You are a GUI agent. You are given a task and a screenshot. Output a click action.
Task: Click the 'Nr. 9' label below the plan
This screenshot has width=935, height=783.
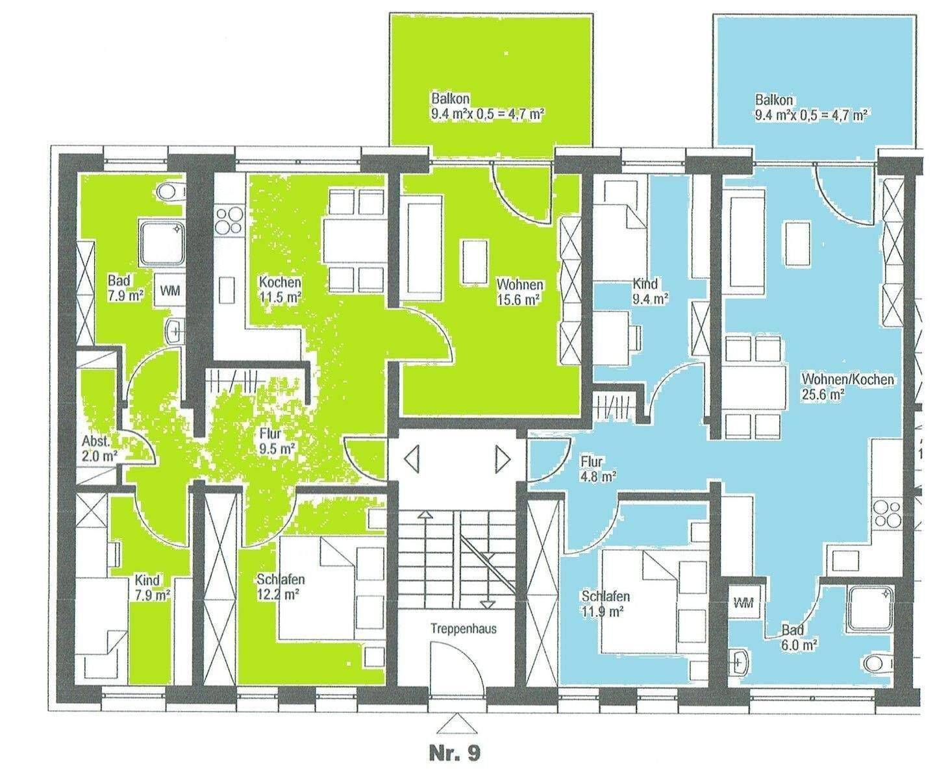(455, 753)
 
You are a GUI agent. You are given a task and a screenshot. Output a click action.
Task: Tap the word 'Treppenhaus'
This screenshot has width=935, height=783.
(464, 628)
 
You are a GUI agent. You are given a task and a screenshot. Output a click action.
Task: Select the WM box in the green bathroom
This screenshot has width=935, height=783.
(170, 291)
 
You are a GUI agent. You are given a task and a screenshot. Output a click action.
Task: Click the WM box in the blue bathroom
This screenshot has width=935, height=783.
(743, 603)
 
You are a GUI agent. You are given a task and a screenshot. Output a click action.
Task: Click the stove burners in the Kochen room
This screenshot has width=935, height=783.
(229, 221)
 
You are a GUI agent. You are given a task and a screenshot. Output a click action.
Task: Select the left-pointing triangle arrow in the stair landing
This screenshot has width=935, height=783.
(412, 459)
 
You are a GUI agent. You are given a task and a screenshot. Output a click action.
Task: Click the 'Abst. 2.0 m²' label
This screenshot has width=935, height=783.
(99, 449)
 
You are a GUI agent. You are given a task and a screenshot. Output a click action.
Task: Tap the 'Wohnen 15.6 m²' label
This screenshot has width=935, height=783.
(519, 292)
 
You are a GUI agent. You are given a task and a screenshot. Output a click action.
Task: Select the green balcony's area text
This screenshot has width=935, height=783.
(487, 115)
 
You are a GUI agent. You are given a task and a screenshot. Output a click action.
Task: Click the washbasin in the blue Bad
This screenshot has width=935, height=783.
(740, 662)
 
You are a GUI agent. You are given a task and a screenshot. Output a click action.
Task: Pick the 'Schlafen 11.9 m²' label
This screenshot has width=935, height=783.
(605, 604)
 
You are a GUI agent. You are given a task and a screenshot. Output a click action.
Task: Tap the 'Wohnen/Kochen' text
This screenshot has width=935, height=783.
(848, 379)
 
